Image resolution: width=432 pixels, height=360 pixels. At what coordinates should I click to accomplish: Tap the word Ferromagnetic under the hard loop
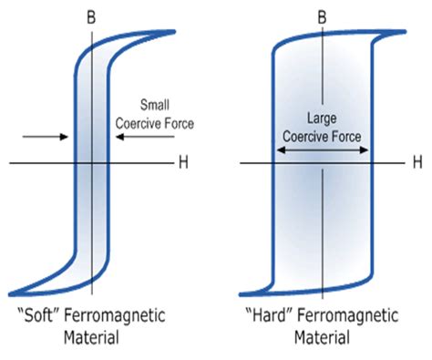tap(340, 318)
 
